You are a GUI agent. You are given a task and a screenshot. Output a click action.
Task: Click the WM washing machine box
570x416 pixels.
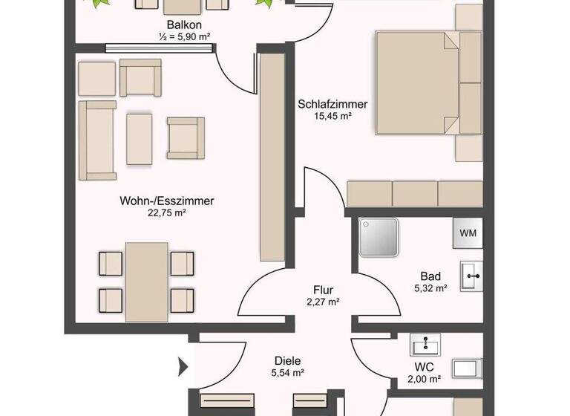click(468, 233)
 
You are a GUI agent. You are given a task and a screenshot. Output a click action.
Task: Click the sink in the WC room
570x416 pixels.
click(426, 344)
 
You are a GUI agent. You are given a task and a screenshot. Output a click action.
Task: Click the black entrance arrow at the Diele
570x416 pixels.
click(183, 366)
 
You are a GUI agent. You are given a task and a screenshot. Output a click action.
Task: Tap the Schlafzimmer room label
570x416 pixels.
click(332, 104)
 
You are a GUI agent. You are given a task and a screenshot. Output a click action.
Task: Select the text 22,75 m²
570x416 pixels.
click(167, 212)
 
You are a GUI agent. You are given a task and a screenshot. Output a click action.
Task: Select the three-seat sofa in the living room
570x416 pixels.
click(97, 140)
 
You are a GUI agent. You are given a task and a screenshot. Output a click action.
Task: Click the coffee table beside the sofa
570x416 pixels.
click(140, 137)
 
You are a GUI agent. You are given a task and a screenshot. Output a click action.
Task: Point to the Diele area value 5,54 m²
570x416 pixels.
click(288, 372)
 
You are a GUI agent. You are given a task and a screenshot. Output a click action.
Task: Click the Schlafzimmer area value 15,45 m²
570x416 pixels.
click(332, 117)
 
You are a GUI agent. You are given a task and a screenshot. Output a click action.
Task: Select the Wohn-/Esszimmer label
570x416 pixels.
click(167, 201)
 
